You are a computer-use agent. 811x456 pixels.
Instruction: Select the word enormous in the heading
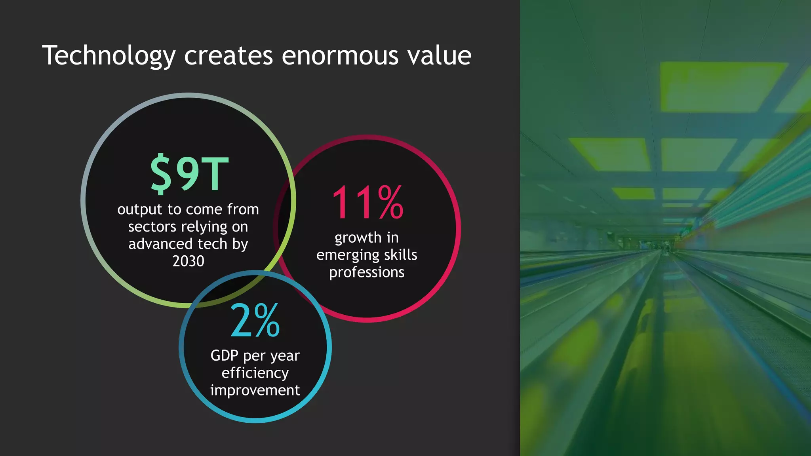pyautogui.click(x=340, y=55)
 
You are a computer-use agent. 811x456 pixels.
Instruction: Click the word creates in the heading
pyautogui.click(x=228, y=55)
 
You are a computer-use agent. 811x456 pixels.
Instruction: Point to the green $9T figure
pyautogui.click(x=189, y=174)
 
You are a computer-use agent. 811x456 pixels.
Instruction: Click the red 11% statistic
pyautogui.click(x=367, y=203)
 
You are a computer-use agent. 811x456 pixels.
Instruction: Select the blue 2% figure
pyautogui.click(x=255, y=321)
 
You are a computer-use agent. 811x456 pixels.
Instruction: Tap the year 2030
pyautogui.click(x=188, y=261)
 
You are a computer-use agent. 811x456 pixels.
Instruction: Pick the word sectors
pyautogui.click(x=152, y=227)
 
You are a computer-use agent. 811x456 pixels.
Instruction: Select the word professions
pyautogui.click(x=367, y=272)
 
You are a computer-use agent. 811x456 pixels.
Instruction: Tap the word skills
pyautogui.click(x=400, y=255)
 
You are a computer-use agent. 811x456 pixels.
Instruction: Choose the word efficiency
pyautogui.click(x=255, y=373)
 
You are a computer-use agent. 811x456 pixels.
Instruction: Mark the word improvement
pyautogui.click(x=255, y=390)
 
